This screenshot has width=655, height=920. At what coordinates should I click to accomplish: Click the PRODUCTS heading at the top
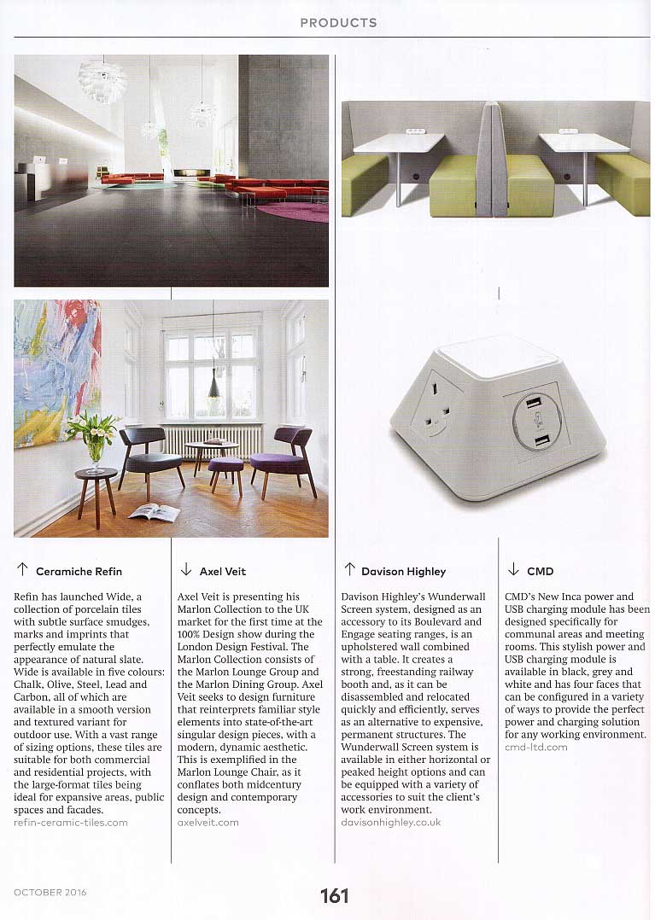tap(338, 22)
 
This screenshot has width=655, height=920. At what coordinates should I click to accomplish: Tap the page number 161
tap(335, 895)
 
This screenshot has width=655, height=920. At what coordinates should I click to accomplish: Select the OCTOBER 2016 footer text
tap(50, 893)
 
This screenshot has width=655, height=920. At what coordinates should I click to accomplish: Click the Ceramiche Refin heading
tap(79, 571)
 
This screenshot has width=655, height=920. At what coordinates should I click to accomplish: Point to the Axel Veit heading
tap(222, 571)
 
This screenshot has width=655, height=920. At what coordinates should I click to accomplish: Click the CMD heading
tap(540, 571)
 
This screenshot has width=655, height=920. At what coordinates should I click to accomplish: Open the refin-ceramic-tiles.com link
tap(71, 823)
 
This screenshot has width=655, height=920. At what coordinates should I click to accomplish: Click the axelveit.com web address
tap(208, 823)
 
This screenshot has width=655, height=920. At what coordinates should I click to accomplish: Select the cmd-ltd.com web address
tap(536, 747)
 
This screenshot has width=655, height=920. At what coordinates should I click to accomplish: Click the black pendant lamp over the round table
tap(213, 387)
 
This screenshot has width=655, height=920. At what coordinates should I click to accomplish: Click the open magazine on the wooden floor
tap(154, 512)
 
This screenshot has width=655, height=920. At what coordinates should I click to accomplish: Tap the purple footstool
tap(225, 468)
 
